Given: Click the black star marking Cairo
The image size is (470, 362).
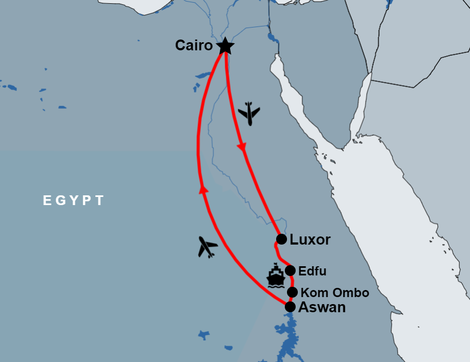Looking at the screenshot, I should [x=225, y=47].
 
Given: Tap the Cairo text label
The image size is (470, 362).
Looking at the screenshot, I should [x=194, y=45].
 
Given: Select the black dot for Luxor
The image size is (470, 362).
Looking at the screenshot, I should [x=282, y=239].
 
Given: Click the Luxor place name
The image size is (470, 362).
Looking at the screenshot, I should [x=310, y=240].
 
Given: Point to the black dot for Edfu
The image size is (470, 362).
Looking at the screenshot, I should [x=290, y=271].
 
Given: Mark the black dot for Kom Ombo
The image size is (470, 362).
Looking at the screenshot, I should [x=292, y=292].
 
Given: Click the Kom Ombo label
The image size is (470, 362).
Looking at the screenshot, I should [x=335, y=293].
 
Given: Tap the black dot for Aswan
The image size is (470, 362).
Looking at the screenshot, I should [x=290, y=307].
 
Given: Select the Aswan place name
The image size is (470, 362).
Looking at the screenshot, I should [x=323, y=307].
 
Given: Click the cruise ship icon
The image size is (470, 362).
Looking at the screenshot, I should [x=276, y=275].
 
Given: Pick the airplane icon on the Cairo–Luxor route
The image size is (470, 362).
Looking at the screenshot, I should [x=249, y=113].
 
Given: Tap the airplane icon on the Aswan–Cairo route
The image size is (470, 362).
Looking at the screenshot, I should [x=207, y=247].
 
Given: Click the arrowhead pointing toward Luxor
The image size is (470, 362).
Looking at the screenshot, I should [x=242, y=146].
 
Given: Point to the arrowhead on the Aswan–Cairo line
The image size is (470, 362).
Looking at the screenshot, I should [x=204, y=189].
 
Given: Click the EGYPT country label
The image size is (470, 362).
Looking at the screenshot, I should [x=73, y=201].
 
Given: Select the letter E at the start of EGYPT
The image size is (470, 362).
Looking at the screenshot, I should [x=47, y=201].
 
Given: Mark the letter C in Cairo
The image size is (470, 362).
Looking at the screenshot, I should [x=180, y=45].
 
